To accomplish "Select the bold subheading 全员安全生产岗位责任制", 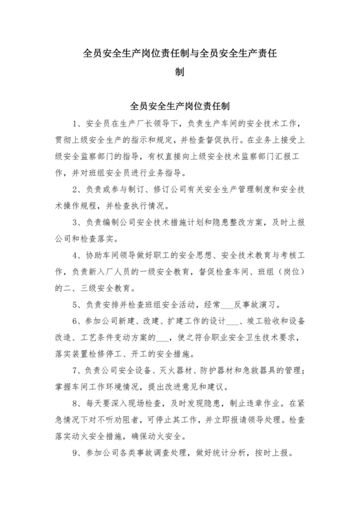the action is pyautogui.click(x=179, y=103).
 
